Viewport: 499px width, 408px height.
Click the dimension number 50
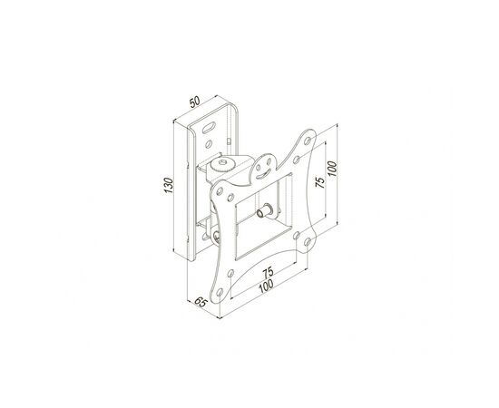[x=194, y=102]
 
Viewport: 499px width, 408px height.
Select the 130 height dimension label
[x=168, y=185]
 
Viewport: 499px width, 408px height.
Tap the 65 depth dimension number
[x=201, y=302]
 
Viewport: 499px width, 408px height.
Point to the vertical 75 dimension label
[x=320, y=182]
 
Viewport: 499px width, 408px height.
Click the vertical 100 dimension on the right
[x=331, y=169]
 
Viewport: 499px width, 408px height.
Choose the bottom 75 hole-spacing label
[x=268, y=273]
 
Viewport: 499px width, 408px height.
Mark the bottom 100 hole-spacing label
[x=266, y=286]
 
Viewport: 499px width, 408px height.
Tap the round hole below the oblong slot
[x=209, y=144]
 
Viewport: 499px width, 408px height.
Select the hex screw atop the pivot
[x=222, y=163]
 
